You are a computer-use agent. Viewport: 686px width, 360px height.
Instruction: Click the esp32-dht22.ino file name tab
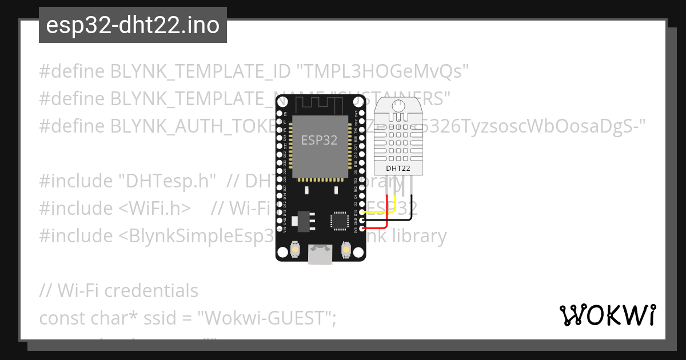click(133, 25)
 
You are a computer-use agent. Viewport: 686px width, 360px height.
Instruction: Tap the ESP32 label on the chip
click(319, 141)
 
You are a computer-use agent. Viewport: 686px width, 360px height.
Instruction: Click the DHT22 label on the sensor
click(397, 168)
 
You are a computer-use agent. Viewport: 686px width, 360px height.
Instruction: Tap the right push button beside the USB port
click(345, 250)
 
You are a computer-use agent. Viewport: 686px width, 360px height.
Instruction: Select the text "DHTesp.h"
click(167, 181)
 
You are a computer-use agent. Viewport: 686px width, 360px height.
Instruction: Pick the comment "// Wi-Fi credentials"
click(119, 291)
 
